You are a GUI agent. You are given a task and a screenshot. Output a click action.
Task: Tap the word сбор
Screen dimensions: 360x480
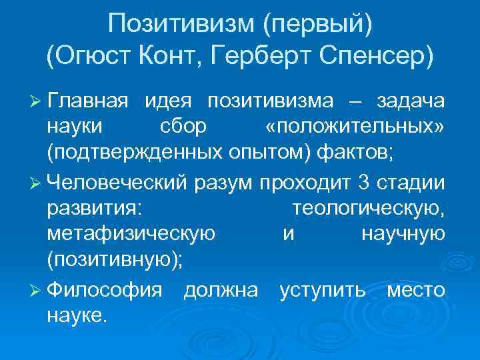[183, 127]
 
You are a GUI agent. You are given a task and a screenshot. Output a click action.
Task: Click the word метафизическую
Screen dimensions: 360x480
[131, 233]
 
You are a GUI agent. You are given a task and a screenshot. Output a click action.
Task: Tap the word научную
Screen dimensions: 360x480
[403, 233]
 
